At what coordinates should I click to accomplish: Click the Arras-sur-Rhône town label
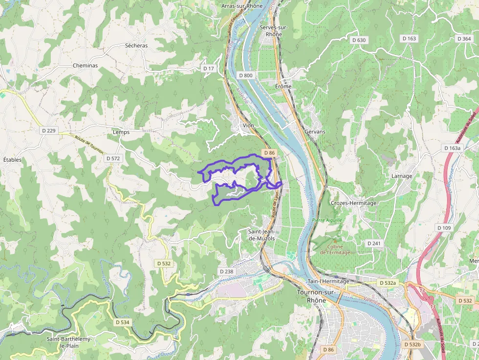tap(241, 6)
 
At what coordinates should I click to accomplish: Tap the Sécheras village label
tap(136, 45)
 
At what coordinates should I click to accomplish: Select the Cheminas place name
tap(85, 65)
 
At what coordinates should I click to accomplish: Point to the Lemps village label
tap(121, 132)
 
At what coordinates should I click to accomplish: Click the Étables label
tap(12, 160)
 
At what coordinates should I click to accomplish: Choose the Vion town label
tap(248, 126)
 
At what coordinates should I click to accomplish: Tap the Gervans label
tap(315, 132)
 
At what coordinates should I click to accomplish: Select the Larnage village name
tap(402, 176)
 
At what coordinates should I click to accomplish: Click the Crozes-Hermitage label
tap(353, 203)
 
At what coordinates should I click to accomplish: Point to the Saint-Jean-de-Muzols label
tap(261, 234)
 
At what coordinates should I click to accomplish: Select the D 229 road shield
tap(49, 130)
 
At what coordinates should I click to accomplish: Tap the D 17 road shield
tap(209, 68)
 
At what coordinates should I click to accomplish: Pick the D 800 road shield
tap(246, 75)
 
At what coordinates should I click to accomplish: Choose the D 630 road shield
tap(358, 40)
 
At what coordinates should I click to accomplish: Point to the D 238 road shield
tap(226, 271)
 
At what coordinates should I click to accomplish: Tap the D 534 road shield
tap(123, 322)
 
